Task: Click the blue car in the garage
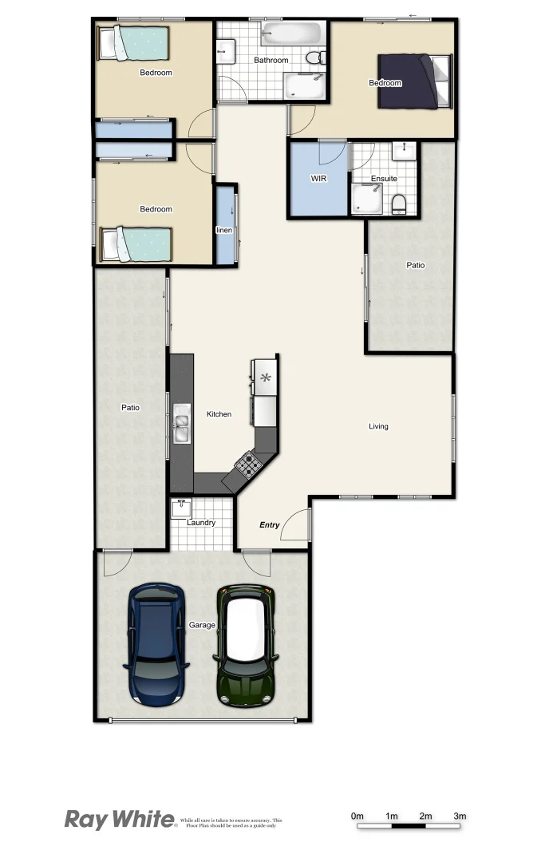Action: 156,643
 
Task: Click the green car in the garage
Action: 246,646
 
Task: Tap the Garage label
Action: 202,625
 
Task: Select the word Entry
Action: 270,524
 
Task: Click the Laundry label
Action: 201,523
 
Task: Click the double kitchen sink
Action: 182,423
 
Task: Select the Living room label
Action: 378,426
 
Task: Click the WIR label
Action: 319,179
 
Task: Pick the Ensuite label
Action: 384,179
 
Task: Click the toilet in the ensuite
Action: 400,204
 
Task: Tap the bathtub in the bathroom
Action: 292,34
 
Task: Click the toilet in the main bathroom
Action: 318,57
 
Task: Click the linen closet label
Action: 224,230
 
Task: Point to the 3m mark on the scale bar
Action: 460,816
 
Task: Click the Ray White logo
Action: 120,819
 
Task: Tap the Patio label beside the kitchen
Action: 130,407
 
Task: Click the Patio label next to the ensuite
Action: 416,265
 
